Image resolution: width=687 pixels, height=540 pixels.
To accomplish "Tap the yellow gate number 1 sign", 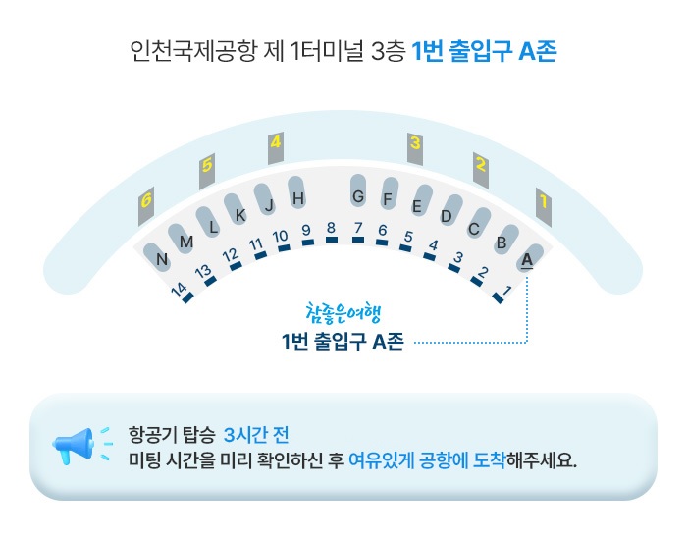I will coord(542,203).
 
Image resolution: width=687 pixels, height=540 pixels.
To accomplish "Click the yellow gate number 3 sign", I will coord(415,144).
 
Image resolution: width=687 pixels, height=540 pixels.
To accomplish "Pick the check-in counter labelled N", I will coord(163,259).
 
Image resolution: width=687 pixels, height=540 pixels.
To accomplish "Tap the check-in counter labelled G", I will coord(358,196).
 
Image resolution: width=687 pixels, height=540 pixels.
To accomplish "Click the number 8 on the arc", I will coord(331,228).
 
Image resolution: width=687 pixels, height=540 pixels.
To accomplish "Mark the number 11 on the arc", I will coord(255,243).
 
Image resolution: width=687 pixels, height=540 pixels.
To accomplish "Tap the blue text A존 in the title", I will coord(535,52).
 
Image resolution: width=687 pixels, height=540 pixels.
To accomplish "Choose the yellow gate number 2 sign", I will coord(481,165).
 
